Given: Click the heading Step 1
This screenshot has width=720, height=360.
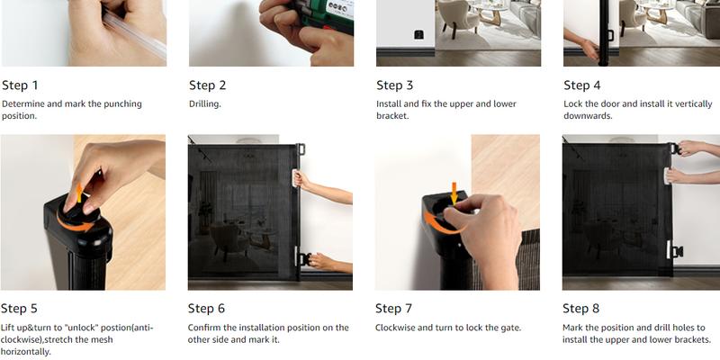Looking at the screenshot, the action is [20, 85].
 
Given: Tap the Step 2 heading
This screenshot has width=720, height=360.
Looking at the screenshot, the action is [208, 85].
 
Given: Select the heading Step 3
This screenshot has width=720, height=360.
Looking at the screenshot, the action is [395, 85].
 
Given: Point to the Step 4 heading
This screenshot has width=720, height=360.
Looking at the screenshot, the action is [582, 85].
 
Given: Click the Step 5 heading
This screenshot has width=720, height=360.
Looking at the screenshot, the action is [19, 309].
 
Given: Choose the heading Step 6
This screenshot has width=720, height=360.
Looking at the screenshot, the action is [206, 309].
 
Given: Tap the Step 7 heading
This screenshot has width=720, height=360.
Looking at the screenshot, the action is [393, 309].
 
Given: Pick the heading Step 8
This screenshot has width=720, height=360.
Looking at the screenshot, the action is [580, 309].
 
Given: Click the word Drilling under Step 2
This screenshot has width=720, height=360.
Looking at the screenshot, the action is [205, 104].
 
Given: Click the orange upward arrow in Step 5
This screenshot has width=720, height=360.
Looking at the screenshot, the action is [79, 193].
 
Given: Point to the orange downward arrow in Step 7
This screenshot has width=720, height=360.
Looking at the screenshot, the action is [454, 193].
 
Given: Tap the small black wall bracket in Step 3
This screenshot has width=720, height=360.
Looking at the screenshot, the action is [418, 34].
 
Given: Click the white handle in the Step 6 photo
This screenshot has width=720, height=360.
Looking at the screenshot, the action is [294, 178].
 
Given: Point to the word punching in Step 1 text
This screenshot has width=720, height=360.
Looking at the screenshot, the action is [121, 104].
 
